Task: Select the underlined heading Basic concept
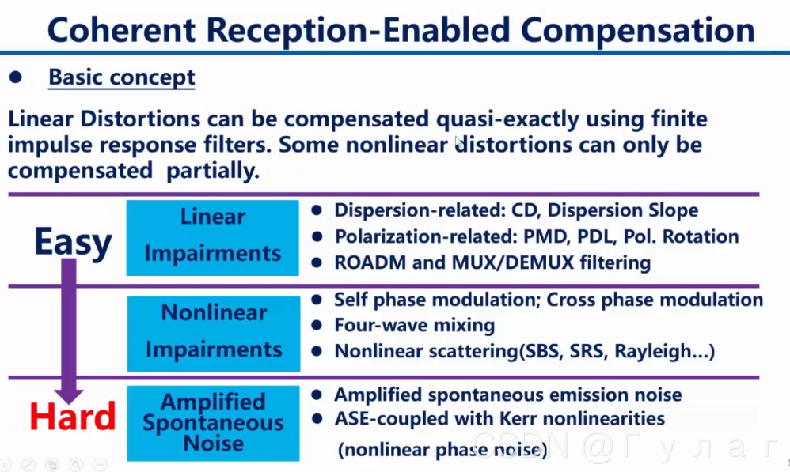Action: tap(121, 77)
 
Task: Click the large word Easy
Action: tap(72, 242)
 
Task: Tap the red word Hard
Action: tap(72, 417)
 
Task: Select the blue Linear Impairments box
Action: tap(212, 236)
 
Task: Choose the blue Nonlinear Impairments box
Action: tap(212, 331)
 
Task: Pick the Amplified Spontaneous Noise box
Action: tap(212, 422)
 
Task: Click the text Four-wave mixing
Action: tap(414, 325)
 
